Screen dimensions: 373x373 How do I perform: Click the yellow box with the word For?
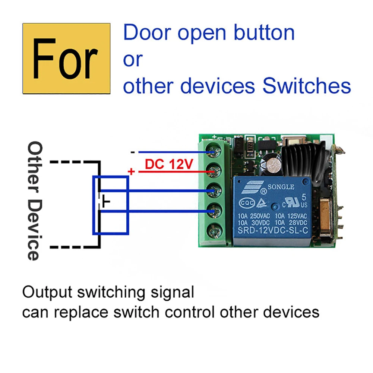point(66,59)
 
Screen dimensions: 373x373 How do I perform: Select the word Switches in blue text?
point(307,86)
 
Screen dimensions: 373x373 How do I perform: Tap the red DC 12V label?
point(169,164)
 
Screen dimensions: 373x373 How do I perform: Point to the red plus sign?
point(131,171)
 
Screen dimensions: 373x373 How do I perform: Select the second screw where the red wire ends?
point(214,172)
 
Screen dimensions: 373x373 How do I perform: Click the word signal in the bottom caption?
point(174,292)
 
